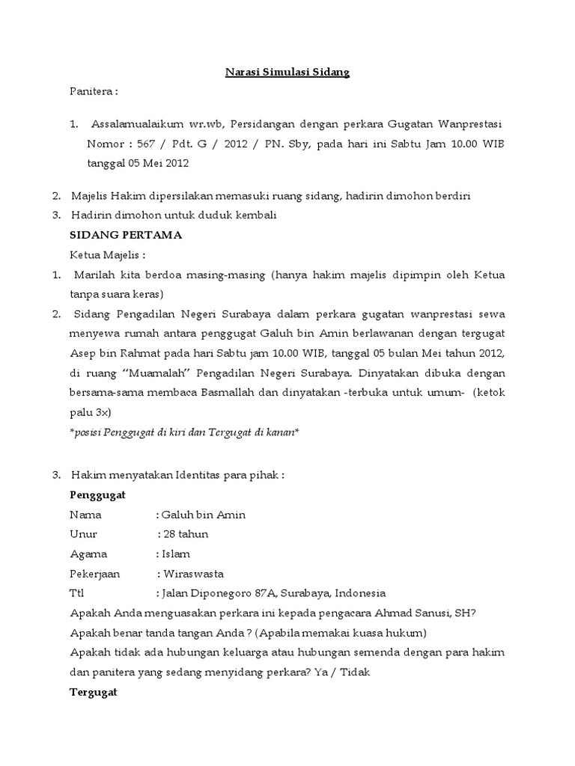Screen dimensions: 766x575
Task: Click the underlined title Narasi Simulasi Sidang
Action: (288, 73)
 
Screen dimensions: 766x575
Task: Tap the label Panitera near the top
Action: (93, 91)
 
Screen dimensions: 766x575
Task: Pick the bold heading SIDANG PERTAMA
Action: (126, 235)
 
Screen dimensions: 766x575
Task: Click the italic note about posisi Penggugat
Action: (184, 432)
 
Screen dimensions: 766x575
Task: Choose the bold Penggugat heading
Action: (97, 495)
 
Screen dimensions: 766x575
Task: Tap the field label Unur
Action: (83, 534)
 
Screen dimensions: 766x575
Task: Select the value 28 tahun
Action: (185, 534)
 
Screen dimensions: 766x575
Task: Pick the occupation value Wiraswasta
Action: (192, 574)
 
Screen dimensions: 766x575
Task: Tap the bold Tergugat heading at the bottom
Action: (94, 693)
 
